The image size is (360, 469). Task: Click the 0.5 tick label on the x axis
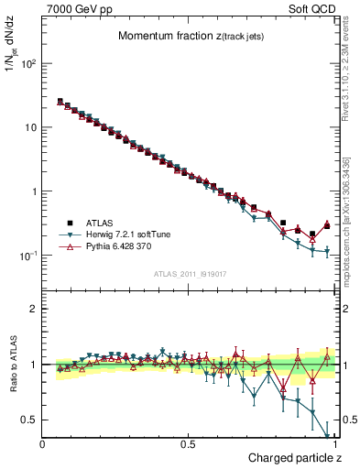pyautogui.click(x=189, y=444)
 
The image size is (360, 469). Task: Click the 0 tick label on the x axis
pyautogui.click(x=43, y=444)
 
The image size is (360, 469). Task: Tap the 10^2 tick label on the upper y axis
pyautogui.click(x=28, y=64)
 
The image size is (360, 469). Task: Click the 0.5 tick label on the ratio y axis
pyautogui.click(x=28, y=420)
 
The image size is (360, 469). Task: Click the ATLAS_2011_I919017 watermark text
pyautogui.click(x=189, y=273)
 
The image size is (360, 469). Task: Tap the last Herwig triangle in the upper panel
pyautogui.click(x=327, y=251)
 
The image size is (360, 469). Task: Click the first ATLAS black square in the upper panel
pyautogui.click(x=60, y=102)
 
